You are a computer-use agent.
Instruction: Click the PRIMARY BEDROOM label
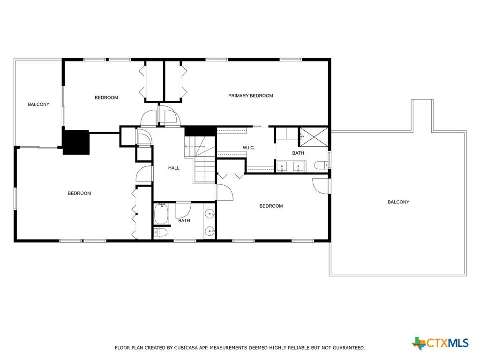(250, 96)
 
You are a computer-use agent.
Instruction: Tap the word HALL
(173, 168)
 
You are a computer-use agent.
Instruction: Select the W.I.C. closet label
(248, 148)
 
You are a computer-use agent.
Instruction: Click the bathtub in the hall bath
(161, 214)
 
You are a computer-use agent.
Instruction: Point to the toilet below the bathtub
(161, 233)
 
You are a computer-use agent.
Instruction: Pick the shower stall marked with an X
(313, 137)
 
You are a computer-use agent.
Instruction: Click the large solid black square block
(76, 142)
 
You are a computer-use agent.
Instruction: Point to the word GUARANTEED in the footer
(349, 348)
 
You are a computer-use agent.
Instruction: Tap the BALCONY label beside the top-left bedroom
(38, 105)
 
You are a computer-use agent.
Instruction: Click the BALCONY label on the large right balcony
(398, 202)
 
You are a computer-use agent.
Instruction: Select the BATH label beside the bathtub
(184, 221)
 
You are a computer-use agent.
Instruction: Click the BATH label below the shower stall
(298, 153)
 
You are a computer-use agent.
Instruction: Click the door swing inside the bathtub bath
(184, 210)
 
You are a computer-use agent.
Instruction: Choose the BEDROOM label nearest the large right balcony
(271, 206)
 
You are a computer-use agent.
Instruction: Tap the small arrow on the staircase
(186, 146)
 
